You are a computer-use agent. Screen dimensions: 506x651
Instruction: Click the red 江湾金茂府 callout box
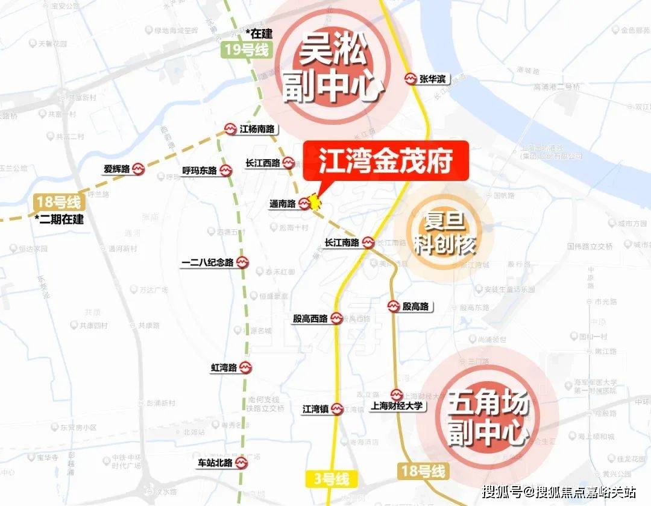pyautogui.click(x=386, y=160)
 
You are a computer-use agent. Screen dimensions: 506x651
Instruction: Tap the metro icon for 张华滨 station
pyautogui.click(x=410, y=79)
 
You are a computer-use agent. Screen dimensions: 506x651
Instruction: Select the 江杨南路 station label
pyautogui.click(x=257, y=128)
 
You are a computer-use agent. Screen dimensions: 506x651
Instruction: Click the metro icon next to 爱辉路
pyautogui.click(x=138, y=169)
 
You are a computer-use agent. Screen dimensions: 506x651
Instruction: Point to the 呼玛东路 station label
pyautogui.click(x=198, y=171)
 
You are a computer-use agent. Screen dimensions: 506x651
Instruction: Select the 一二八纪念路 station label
pyautogui.click(x=207, y=262)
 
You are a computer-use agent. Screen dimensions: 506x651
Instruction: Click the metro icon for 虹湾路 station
pyautogui.click(x=245, y=367)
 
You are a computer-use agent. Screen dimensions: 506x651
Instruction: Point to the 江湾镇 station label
pyautogui.click(x=315, y=409)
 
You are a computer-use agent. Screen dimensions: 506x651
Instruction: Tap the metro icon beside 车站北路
pyautogui.click(x=241, y=464)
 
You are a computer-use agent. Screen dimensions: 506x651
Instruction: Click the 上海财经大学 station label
pyautogui.click(x=398, y=406)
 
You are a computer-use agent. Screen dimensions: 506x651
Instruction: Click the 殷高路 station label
pyautogui.click(x=416, y=306)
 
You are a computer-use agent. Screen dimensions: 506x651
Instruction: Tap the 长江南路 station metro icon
pyautogui.click(x=368, y=243)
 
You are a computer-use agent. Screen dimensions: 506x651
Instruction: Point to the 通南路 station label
pyautogui.click(x=282, y=204)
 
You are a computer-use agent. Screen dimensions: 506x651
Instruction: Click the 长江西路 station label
pyautogui.click(x=262, y=163)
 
